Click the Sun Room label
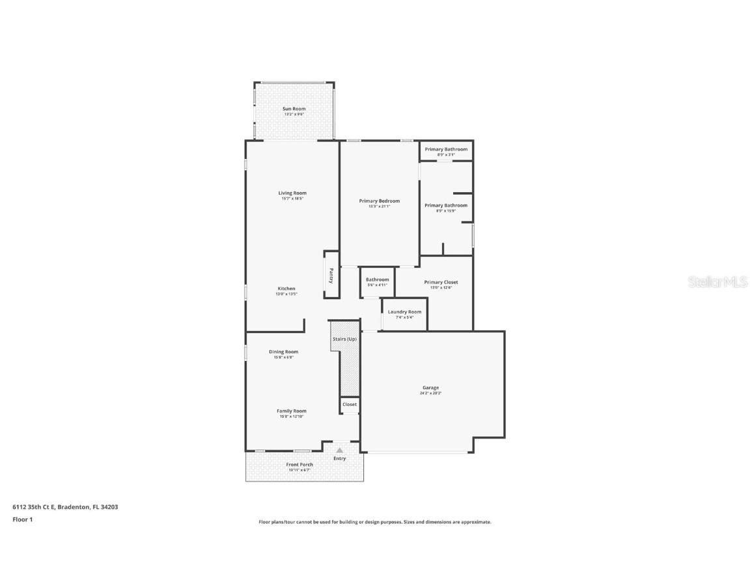pos(294,109)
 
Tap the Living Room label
pos(292,193)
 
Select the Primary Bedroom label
pos(379,201)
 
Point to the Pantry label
pos(331,276)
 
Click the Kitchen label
pos(286,289)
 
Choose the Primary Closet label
pos(441,282)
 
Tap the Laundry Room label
pos(404,311)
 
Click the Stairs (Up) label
pos(344,339)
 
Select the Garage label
pos(430,387)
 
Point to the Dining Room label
pos(283,352)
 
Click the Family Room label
pos(292,411)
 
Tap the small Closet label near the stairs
pos(350,405)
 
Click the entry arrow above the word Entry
pos(339,450)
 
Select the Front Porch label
pos(299,465)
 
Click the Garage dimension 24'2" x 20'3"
pos(430,394)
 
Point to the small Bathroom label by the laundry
pos(377,280)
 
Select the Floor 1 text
pos(22,519)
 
